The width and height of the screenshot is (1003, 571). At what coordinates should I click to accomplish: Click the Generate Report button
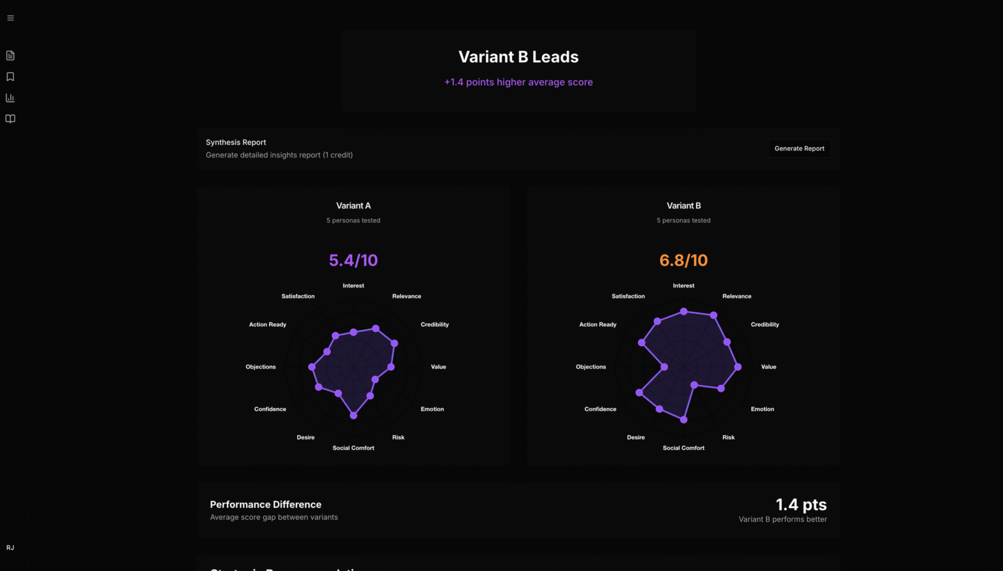[x=799, y=149]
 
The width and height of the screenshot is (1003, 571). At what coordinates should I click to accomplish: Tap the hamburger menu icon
[x=10, y=18]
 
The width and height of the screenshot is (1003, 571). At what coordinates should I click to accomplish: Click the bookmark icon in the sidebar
[x=10, y=77]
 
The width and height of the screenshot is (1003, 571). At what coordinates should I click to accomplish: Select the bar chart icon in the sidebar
[x=10, y=98]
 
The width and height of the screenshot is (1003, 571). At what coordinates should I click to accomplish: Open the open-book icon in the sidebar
[x=10, y=119]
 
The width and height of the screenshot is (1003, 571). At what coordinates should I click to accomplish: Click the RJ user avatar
[x=10, y=548]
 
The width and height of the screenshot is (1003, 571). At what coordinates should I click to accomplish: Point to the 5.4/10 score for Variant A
[x=353, y=260]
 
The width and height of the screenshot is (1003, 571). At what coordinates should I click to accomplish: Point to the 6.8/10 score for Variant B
[x=683, y=260]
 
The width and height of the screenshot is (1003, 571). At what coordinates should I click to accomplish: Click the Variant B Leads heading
[x=518, y=57]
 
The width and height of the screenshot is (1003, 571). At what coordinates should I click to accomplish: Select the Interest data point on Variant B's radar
[x=683, y=311]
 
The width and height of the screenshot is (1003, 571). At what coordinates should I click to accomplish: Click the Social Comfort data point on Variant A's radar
[x=354, y=415]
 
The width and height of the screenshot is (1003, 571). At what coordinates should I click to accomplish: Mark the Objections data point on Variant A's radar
[x=312, y=367]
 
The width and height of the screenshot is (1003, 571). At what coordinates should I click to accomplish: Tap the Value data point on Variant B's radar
[x=738, y=367]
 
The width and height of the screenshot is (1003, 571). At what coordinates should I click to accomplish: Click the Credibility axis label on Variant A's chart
[x=435, y=325]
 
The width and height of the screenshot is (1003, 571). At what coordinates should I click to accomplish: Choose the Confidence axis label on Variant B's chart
[x=600, y=409]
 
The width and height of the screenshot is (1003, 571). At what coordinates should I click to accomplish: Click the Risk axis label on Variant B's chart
[x=728, y=437]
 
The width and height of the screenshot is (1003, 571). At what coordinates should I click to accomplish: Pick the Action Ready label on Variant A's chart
[x=267, y=325]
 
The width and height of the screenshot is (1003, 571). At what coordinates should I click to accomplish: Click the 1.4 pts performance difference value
[x=801, y=505]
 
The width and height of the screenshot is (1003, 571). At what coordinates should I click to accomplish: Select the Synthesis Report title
[x=236, y=142]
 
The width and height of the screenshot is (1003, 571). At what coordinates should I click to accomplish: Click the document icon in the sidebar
[x=10, y=55]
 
